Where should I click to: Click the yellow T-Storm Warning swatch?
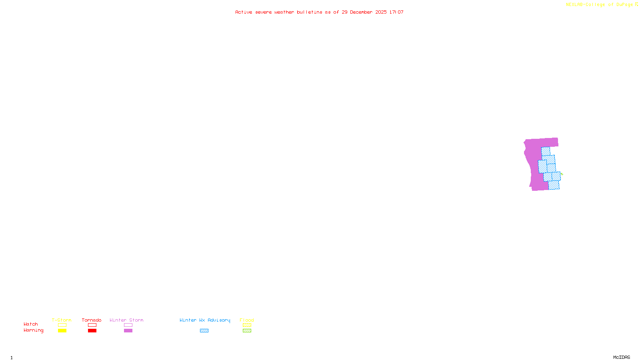62,331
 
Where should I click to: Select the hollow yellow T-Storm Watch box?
62,325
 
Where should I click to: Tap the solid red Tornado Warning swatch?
92,331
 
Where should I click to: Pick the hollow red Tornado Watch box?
92,325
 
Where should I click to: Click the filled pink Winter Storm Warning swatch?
128,331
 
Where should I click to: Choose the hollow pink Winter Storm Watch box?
128,325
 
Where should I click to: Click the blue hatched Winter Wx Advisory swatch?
204,331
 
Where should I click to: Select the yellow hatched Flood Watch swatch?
247,325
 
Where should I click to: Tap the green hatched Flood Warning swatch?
247,331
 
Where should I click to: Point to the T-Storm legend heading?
62,320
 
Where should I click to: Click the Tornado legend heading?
92,320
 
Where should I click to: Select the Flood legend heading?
247,320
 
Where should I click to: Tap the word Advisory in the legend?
219,320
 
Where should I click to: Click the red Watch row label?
31,324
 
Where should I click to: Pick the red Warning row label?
33,330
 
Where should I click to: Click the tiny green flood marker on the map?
562,174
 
